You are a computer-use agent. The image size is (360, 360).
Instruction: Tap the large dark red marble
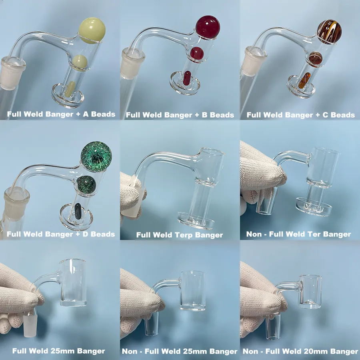(x=208, y=27)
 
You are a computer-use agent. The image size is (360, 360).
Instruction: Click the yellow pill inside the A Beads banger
(x=70, y=88)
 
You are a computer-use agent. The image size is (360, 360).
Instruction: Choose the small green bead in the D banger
(x=86, y=184)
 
